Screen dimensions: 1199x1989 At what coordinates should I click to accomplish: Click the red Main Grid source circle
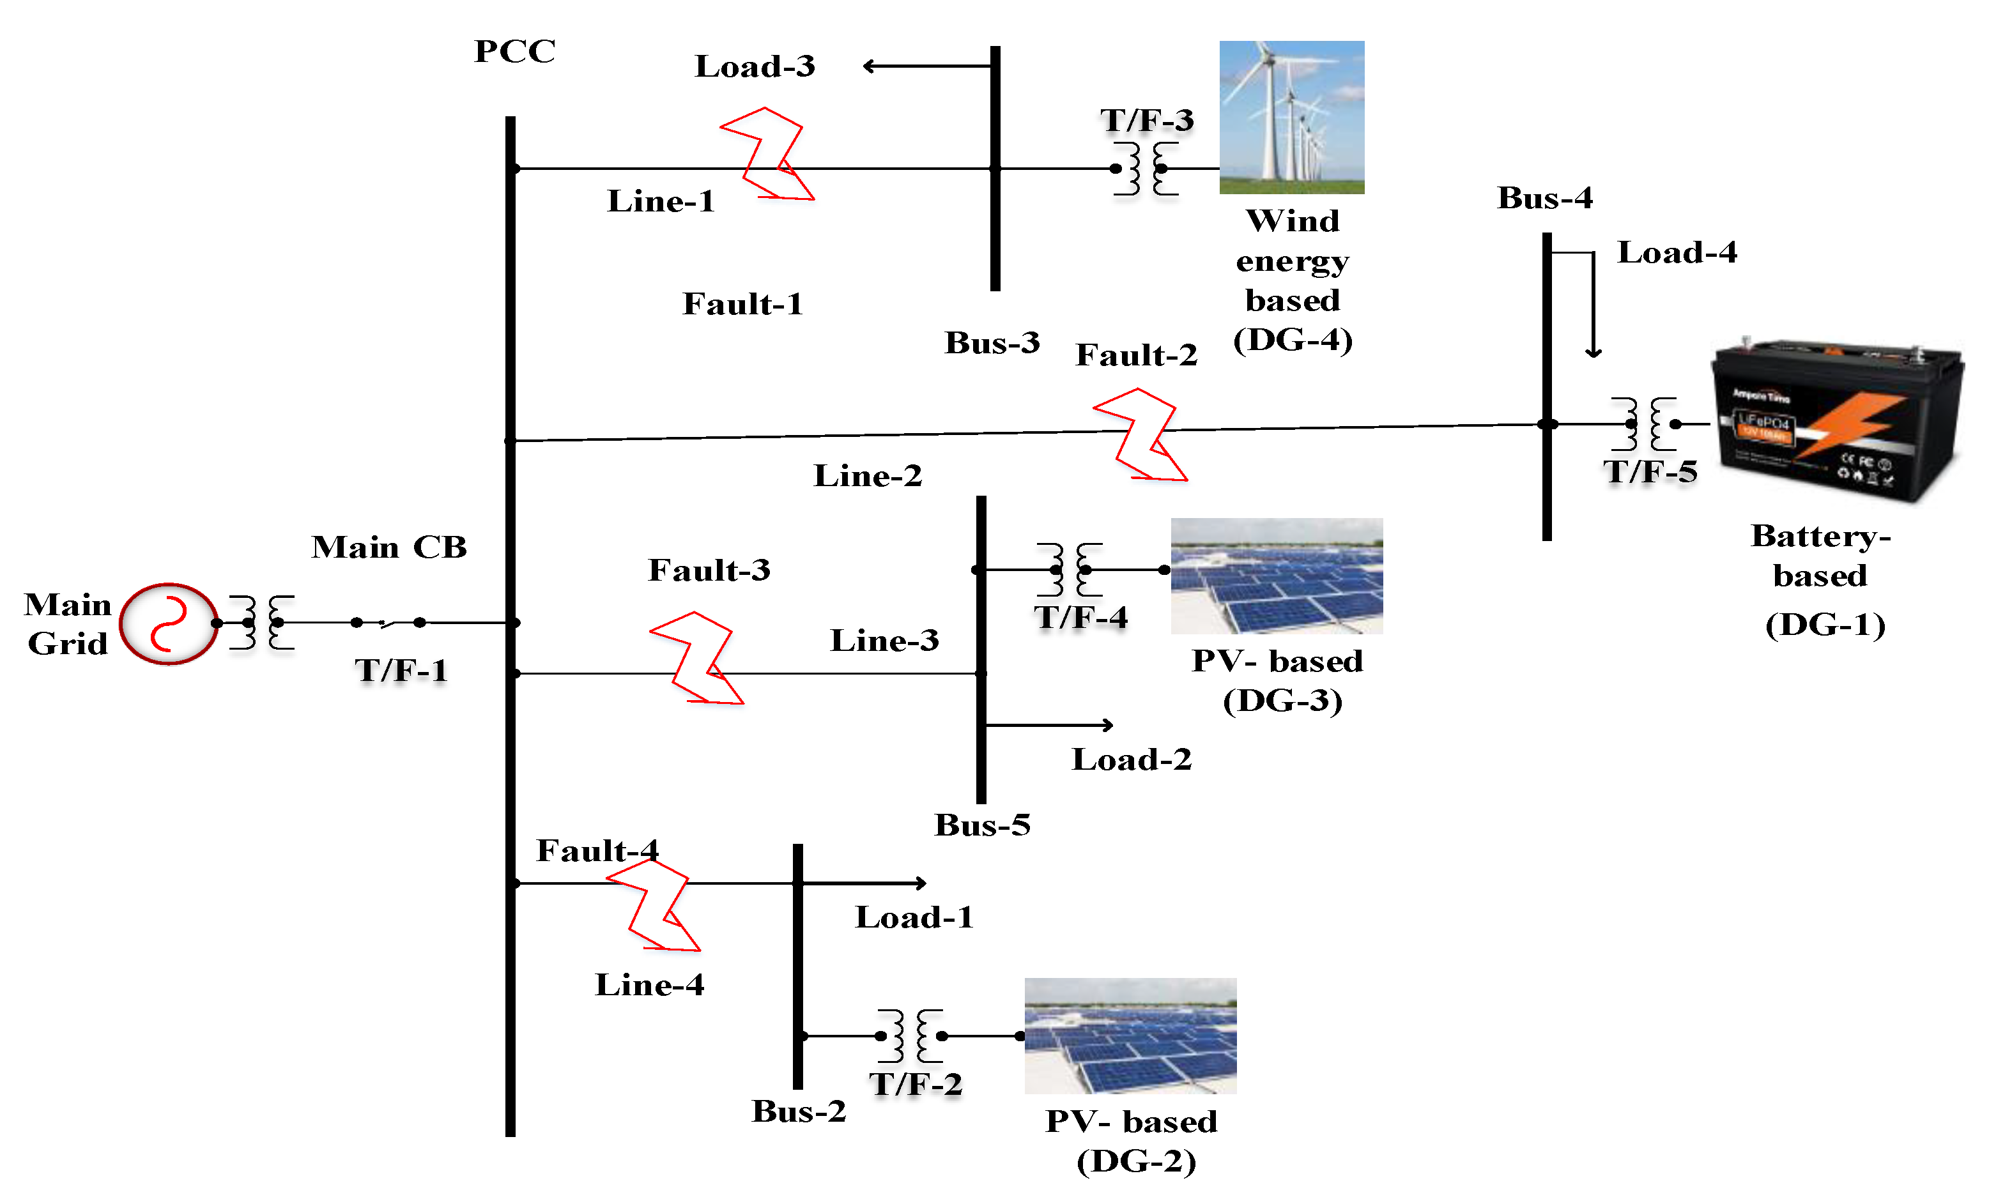click(168, 623)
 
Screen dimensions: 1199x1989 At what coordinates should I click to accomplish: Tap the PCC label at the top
click(514, 52)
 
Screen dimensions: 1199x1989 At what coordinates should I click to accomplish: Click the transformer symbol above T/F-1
click(261, 622)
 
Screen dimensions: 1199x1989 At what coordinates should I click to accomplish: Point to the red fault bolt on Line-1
click(767, 154)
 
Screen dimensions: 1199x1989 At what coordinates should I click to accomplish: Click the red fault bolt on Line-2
click(1140, 435)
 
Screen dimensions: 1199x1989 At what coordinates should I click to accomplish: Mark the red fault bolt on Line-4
click(653, 905)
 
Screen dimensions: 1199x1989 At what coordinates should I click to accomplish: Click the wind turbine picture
click(1291, 117)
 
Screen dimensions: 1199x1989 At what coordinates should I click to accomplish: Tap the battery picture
click(1837, 420)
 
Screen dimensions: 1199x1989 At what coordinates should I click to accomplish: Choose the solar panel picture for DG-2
click(1130, 1035)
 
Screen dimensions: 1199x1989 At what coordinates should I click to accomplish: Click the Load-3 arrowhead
click(868, 66)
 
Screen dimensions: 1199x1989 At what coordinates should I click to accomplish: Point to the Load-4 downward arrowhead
click(1593, 352)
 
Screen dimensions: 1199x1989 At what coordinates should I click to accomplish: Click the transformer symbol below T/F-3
click(1146, 169)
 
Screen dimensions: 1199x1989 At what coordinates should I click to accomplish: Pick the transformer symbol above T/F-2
click(910, 1035)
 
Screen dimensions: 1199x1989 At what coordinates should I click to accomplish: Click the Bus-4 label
click(1544, 197)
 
